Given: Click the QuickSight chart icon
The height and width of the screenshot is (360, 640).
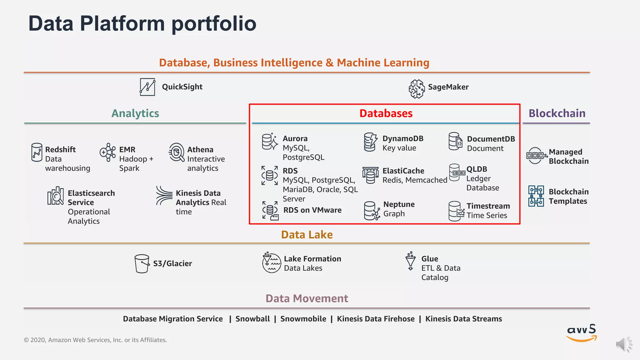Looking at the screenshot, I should point(147,87).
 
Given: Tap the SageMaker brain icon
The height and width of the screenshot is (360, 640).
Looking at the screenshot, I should point(417,89).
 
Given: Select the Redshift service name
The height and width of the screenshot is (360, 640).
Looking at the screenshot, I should point(60,149).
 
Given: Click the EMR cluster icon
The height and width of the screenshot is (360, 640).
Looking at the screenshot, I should point(107,152).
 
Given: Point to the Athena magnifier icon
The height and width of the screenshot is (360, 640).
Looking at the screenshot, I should point(177,152).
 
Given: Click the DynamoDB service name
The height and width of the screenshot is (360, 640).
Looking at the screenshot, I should point(403,138).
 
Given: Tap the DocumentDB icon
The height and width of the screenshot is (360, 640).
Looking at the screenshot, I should point(455,141).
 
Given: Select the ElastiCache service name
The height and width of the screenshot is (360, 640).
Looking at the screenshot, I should point(403,171).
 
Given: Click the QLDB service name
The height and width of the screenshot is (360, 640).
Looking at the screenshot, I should point(477,169).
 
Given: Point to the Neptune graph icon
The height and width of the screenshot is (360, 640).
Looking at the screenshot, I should point(372,211).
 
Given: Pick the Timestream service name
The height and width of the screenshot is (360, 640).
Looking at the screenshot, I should point(488,206).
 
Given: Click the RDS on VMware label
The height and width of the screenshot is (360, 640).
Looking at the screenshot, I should point(312,210).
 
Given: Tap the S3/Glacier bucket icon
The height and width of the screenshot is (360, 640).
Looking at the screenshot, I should point(142,263).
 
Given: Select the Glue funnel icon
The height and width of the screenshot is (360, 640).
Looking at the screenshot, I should point(410,261).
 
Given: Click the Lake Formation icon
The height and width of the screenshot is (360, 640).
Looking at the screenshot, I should point(271,263).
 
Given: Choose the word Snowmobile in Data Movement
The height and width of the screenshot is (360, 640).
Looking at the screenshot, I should point(303,319).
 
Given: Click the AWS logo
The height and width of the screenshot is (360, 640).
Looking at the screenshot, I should point(581,333).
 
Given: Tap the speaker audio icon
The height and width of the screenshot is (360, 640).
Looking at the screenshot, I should point(623,344).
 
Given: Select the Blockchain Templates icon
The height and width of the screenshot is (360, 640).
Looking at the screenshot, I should point(536,196).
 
